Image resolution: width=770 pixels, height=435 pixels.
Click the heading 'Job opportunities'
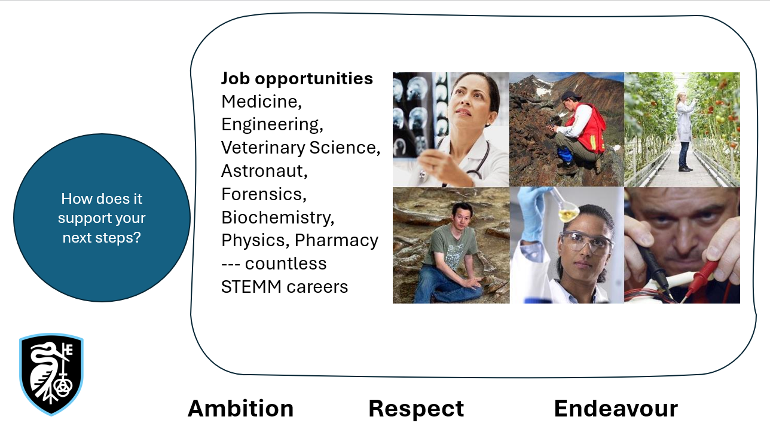coord(297,79)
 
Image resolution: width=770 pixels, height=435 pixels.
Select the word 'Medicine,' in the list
coord(262,102)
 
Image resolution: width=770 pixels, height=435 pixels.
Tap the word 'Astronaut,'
coord(264,171)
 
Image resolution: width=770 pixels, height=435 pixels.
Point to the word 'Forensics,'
coord(264,194)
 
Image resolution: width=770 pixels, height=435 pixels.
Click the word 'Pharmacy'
coord(336,241)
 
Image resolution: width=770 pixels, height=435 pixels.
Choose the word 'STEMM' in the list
coord(251,287)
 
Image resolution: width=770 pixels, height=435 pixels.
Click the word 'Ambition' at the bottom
coord(240,409)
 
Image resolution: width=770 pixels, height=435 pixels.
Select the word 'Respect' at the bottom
coord(416,409)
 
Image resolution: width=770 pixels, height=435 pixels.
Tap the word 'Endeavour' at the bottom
coord(616,409)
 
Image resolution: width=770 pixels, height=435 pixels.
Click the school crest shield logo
coord(51,374)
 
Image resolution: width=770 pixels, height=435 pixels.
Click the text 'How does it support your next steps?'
coord(102,218)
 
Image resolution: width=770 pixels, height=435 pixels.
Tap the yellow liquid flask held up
coord(566,212)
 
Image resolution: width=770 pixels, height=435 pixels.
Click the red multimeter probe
coord(701,278)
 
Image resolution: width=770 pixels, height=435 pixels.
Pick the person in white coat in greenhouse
coord(684,131)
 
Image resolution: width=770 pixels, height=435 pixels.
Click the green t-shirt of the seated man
coord(450,246)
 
